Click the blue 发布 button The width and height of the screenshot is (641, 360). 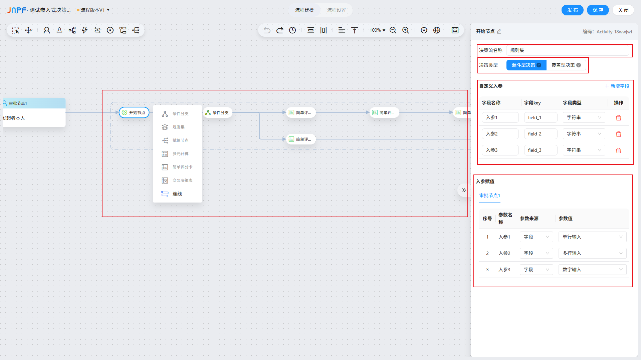pyautogui.click(x=572, y=10)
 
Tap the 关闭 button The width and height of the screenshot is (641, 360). pyautogui.click(x=623, y=10)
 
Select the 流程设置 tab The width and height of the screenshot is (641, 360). pyautogui.click(x=336, y=10)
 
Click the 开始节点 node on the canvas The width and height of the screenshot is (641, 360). pyautogui.click(x=134, y=112)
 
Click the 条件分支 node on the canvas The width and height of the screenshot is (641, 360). pyautogui.click(x=217, y=112)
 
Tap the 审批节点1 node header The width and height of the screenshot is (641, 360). pyautogui.click(x=34, y=103)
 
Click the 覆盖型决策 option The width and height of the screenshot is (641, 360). pyautogui.click(x=566, y=65)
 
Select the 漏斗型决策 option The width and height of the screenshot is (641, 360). pyautogui.click(x=526, y=65)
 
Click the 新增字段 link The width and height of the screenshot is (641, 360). pyautogui.click(x=617, y=86)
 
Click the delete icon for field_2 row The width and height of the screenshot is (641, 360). pyautogui.click(x=618, y=134)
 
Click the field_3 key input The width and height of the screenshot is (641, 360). pyautogui.click(x=541, y=150)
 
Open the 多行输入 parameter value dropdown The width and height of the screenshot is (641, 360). pyautogui.click(x=592, y=253)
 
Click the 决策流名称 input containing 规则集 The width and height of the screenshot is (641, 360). pyautogui.click(x=568, y=50)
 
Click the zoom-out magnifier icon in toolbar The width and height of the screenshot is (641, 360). pyautogui.click(x=393, y=30)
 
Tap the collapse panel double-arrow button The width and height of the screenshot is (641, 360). pyautogui.click(x=464, y=190)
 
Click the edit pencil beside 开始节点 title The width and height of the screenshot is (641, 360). pyautogui.click(x=499, y=31)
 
